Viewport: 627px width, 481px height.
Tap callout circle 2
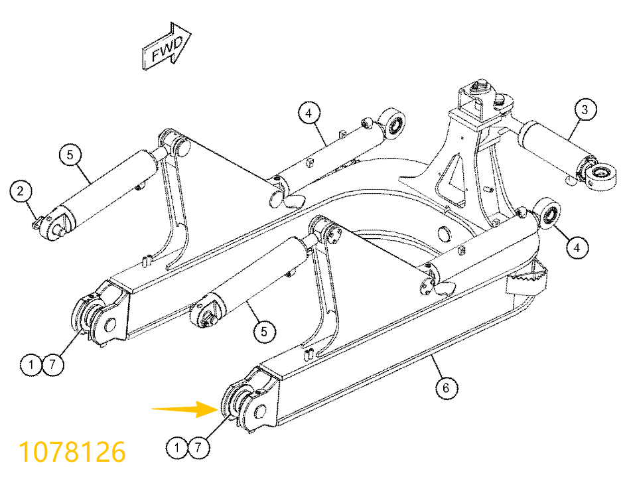pyautogui.click(x=21, y=190)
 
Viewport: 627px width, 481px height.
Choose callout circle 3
pyautogui.click(x=585, y=109)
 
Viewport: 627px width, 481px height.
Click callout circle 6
pyautogui.click(x=446, y=387)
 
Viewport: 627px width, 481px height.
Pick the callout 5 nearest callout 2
pyautogui.click(x=70, y=155)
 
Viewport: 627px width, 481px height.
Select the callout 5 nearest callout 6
pyautogui.click(x=264, y=331)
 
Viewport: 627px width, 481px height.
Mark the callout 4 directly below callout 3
pyautogui.click(x=577, y=247)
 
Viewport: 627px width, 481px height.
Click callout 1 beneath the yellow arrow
pyautogui.click(x=177, y=447)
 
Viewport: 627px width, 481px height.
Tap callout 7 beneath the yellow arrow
pyautogui.click(x=198, y=447)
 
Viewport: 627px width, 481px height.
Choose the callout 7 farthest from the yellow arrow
pyautogui.click(x=52, y=364)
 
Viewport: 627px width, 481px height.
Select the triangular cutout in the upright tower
pyautogui.click(x=452, y=178)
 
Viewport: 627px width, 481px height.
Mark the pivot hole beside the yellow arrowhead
pyautogui.click(x=260, y=411)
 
